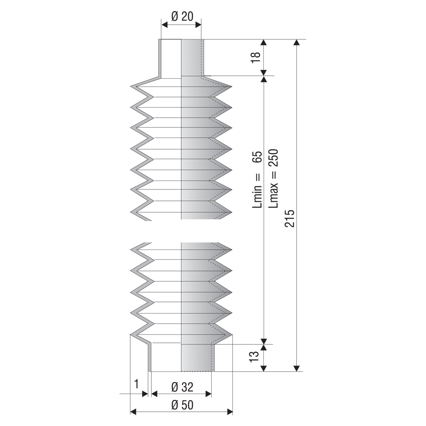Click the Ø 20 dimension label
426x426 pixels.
tap(182, 17)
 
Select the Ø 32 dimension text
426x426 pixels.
tap(182, 387)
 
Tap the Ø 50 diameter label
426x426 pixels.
tap(182, 405)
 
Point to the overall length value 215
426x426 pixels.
tap(290, 218)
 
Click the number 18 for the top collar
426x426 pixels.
tap(256, 57)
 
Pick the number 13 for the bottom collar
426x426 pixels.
tap(254, 357)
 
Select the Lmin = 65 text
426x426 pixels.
tap(257, 180)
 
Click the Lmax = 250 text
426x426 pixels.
tap(273, 179)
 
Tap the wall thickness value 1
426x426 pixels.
tap(136, 384)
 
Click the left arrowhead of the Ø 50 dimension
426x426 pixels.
tap(133, 412)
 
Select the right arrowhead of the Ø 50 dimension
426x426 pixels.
tap(230, 412)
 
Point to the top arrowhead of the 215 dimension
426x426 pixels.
tap(297, 42)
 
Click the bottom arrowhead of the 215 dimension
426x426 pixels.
tap(297, 368)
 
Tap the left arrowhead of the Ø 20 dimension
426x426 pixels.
tap(164, 25)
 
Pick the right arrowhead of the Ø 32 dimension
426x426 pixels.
tap(209, 394)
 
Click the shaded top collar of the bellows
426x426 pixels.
tap(192, 58)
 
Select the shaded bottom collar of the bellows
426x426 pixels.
tap(198, 357)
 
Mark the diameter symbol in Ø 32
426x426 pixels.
tap(175, 387)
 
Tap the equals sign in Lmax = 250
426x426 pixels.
tap(274, 176)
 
